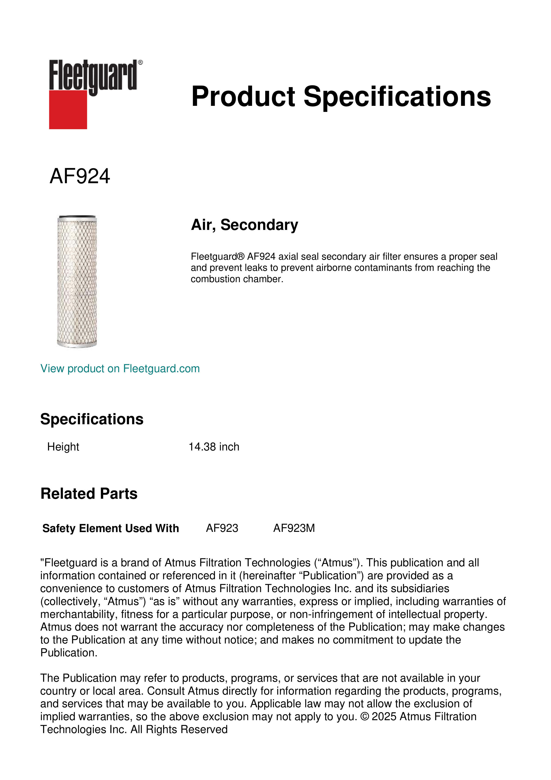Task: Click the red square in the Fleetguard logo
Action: point(68,109)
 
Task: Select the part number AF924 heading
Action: point(80,176)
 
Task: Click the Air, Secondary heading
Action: point(244,225)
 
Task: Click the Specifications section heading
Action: point(92,419)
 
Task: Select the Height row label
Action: point(63,447)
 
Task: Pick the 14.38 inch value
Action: point(214,447)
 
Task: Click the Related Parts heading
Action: point(89,494)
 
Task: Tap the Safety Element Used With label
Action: point(111,528)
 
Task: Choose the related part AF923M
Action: point(294,528)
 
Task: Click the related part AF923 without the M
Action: point(222,528)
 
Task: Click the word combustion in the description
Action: point(213,279)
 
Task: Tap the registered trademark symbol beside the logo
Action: point(140,62)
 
